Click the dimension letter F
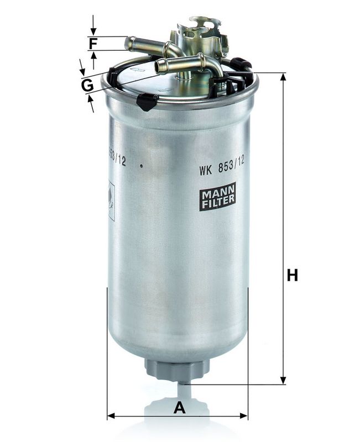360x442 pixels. pyautogui.click(x=93, y=44)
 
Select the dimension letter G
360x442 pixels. pyautogui.click(x=87, y=86)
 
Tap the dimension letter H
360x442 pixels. pyautogui.click(x=292, y=275)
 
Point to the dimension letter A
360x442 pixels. pyautogui.click(x=178, y=408)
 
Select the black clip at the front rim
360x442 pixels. pyautogui.click(x=147, y=101)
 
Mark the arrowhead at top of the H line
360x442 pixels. pyautogui.click(x=283, y=77)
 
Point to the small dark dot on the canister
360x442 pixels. pyautogui.click(x=142, y=165)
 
